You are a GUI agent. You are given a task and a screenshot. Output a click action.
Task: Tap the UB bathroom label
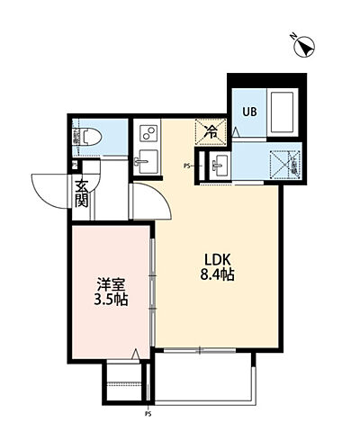(x=247, y=112)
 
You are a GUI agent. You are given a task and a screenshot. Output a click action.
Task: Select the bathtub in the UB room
(x=282, y=114)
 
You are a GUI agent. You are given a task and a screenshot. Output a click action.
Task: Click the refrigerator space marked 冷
(x=209, y=132)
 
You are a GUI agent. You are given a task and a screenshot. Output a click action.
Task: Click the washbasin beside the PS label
(x=219, y=165)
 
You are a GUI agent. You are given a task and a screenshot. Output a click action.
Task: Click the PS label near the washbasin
(x=187, y=166)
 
